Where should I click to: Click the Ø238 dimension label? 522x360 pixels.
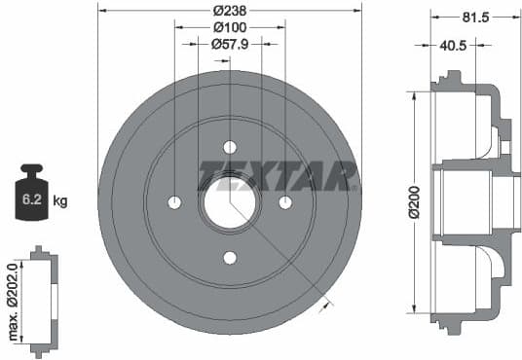point(230,10)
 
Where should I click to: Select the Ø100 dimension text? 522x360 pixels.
point(230,27)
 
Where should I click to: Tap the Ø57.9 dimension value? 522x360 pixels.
point(230,44)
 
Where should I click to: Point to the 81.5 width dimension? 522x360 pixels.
point(476,18)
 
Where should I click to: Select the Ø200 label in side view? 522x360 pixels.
point(413,201)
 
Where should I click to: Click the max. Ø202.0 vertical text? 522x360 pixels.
point(13,301)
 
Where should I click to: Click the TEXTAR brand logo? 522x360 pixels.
point(278,176)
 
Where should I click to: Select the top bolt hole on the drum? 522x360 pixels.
point(230,147)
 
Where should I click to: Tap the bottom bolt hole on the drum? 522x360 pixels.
point(230,258)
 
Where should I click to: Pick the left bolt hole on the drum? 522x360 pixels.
point(174,202)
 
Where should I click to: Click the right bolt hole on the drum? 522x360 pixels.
point(285,202)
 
